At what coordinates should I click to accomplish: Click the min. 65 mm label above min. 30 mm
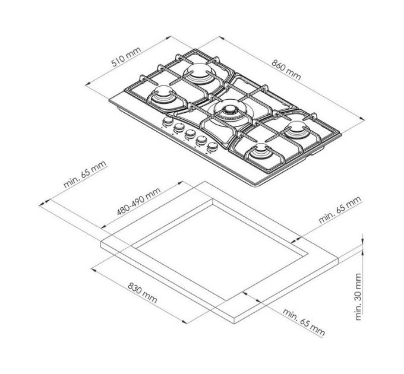point(339,208)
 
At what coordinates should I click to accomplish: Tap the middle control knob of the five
point(190,134)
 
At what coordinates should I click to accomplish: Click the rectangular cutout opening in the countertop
point(220,237)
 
